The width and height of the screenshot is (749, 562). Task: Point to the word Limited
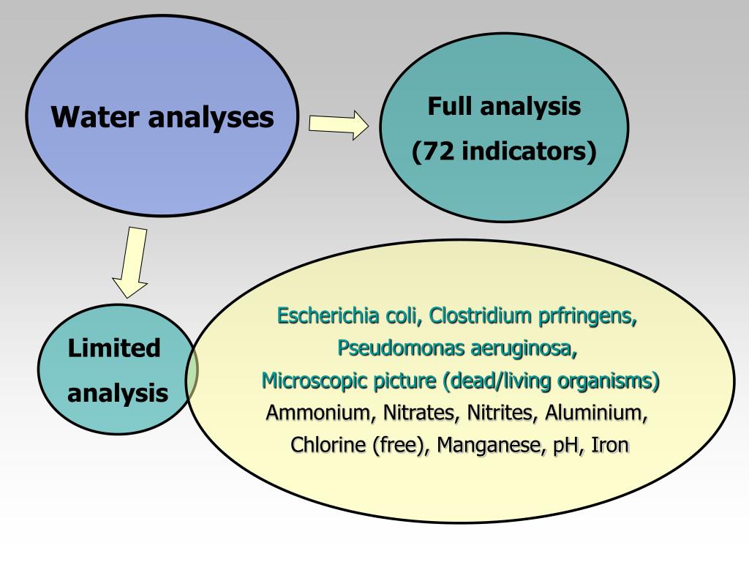coord(114,348)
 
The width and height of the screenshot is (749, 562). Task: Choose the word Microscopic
coord(309,381)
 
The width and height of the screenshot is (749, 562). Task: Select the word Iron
coord(609,444)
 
